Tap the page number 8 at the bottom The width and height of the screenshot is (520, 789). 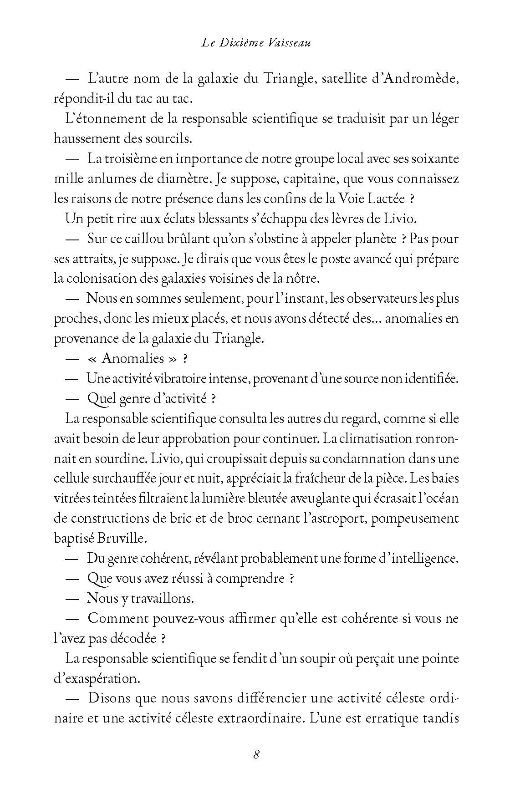pyautogui.click(x=256, y=754)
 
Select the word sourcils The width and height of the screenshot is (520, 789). pyautogui.click(x=167, y=138)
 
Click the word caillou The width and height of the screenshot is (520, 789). pyautogui.click(x=135, y=239)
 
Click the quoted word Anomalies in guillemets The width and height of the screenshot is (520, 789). pyautogui.click(x=133, y=358)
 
